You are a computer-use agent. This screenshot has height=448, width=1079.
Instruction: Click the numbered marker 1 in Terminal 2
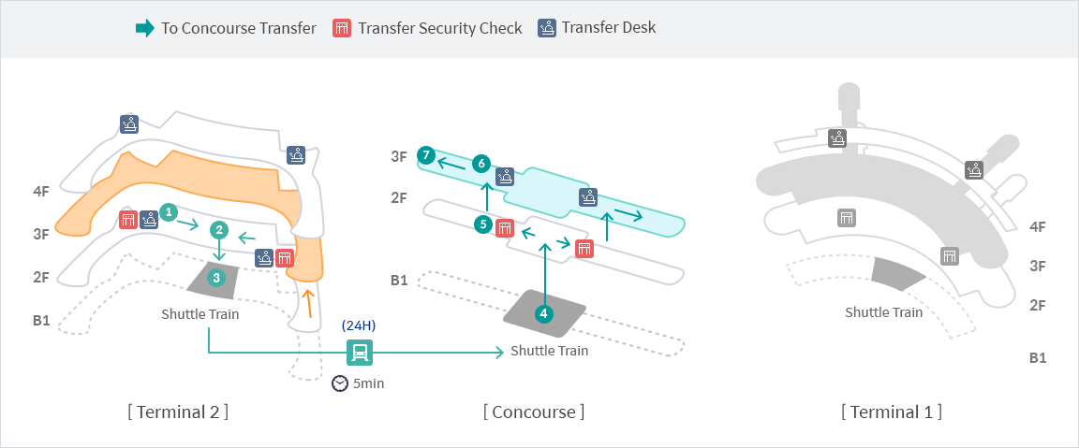click(169, 212)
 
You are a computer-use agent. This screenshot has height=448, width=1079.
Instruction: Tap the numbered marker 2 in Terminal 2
click(219, 229)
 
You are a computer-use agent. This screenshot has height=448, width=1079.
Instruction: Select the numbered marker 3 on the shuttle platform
click(216, 277)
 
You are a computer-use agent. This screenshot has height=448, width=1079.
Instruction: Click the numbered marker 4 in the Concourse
click(544, 314)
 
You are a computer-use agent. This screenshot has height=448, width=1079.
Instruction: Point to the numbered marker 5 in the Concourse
click(482, 224)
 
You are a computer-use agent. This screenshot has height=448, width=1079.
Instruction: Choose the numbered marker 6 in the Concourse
click(481, 164)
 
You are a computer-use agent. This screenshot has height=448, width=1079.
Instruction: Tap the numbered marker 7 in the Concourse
click(426, 155)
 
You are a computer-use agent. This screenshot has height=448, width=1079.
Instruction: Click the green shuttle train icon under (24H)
click(360, 353)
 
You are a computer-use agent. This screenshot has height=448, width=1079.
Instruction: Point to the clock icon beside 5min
click(340, 383)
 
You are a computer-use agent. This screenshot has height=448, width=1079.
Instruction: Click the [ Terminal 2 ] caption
click(178, 412)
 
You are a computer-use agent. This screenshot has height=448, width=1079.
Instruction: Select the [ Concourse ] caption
click(534, 412)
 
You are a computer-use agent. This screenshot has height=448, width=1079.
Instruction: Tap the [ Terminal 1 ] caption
click(891, 412)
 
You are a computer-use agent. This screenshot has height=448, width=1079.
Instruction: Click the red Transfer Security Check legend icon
click(342, 28)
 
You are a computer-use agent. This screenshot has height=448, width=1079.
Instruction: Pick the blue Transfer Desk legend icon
click(547, 27)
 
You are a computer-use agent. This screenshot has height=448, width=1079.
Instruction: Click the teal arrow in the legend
click(145, 28)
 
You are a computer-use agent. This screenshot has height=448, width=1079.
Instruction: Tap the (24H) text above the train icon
click(359, 325)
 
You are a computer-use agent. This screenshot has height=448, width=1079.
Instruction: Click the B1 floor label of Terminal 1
click(1038, 357)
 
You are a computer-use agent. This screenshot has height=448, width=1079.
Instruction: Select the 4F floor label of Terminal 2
click(41, 192)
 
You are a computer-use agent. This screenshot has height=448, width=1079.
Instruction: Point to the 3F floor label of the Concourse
click(399, 157)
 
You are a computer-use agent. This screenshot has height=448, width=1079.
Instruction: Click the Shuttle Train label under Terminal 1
click(884, 312)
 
